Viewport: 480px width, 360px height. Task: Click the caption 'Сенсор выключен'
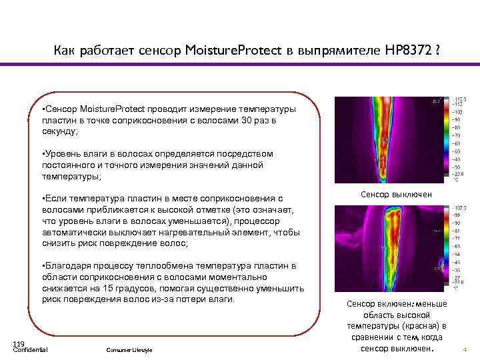tap(396, 194)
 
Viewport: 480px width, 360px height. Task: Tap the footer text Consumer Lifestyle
tap(129, 350)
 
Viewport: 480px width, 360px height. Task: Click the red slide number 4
tap(465, 349)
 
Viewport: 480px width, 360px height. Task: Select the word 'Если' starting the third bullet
tap(56, 198)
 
